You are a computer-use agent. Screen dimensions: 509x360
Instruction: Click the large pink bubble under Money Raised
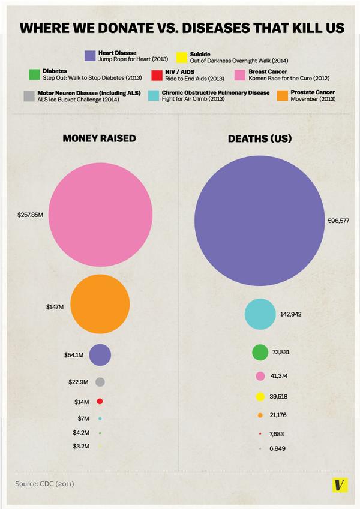[100, 214]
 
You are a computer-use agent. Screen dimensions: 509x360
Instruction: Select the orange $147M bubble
[100, 304]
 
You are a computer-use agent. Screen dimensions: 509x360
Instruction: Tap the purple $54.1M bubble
[100, 354]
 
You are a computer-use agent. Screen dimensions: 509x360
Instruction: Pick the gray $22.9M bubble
[100, 382]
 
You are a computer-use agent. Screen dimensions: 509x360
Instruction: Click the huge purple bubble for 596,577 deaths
[260, 221]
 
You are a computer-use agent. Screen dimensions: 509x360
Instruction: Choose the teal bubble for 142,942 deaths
[260, 314]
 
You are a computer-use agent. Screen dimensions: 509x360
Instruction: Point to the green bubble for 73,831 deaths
[260, 353]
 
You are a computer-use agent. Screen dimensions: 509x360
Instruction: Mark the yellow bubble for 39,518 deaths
[260, 396]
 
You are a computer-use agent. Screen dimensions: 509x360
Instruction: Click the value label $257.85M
[31, 214]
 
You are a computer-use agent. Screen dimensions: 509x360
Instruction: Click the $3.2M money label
[81, 446]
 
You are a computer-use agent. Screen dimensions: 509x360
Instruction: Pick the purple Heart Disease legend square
[90, 56]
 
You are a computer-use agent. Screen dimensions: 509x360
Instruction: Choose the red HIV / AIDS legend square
[157, 75]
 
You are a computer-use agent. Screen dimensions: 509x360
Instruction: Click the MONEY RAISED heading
[100, 138]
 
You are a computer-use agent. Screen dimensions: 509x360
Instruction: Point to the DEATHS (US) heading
[260, 138]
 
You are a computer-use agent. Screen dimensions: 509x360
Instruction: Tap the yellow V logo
[340, 484]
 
